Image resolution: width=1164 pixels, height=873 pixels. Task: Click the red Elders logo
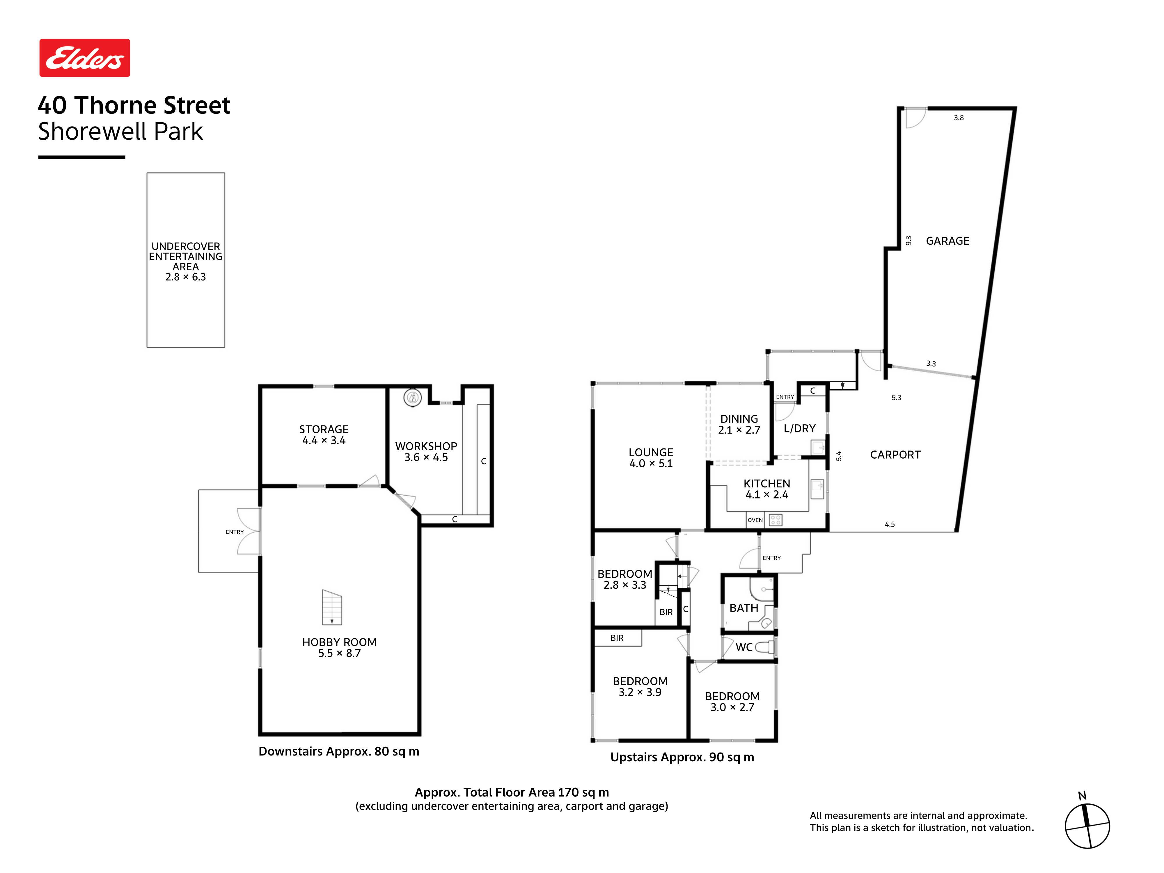85,58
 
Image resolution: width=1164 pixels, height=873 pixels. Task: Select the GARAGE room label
947,241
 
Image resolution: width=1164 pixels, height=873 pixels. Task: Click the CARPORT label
895,455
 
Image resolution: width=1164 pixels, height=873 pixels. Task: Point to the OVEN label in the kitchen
755,520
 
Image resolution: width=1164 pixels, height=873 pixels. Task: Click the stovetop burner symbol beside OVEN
776,520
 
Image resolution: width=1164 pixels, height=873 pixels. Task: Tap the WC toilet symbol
764,647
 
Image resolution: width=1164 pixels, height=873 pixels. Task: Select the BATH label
744,608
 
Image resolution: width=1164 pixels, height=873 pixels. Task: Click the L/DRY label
799,428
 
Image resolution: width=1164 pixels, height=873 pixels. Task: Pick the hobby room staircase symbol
332,607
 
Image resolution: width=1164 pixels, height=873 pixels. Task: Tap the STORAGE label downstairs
324,430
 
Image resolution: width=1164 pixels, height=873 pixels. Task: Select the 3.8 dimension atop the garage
959,118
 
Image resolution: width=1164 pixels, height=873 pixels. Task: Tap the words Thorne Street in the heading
152,105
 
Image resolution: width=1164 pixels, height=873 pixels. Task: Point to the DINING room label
739,419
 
